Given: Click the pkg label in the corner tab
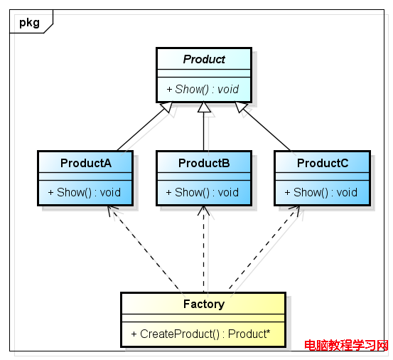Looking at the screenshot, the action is [x=29, y=23].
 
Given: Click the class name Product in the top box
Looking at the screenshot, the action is [x=204, y=60].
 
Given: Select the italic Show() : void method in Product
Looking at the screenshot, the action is [x=203, y=90].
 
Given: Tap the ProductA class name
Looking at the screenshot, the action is [x=86, y=163].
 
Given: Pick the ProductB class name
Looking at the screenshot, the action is [x=204, y=163].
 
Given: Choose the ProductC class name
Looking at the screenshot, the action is [x=323, y=163].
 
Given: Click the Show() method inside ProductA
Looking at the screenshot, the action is [x=85, y=193].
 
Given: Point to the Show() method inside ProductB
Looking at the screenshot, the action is [x=203, y=193].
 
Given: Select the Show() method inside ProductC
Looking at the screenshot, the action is [x=321, y=193].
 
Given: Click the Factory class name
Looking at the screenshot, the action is [x=204, y=304].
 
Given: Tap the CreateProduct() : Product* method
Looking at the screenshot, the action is [x=200, y=334].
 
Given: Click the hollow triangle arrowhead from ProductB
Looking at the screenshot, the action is [x=204, y=107].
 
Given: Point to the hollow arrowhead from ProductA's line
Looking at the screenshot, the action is [x=167, y=107].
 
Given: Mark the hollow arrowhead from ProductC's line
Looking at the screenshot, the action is [x=241, y=107].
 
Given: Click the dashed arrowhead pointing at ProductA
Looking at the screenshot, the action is [x=112, y=210].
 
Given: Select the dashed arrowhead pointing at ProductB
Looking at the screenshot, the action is [x=203, y=210].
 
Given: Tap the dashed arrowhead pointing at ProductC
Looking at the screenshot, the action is [x=295, y=210].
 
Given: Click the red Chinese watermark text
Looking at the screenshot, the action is [x=346, y=346].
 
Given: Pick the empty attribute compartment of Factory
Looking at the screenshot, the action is [x=203, y=318].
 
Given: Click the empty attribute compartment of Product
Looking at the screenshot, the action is [x=204, y=73].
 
